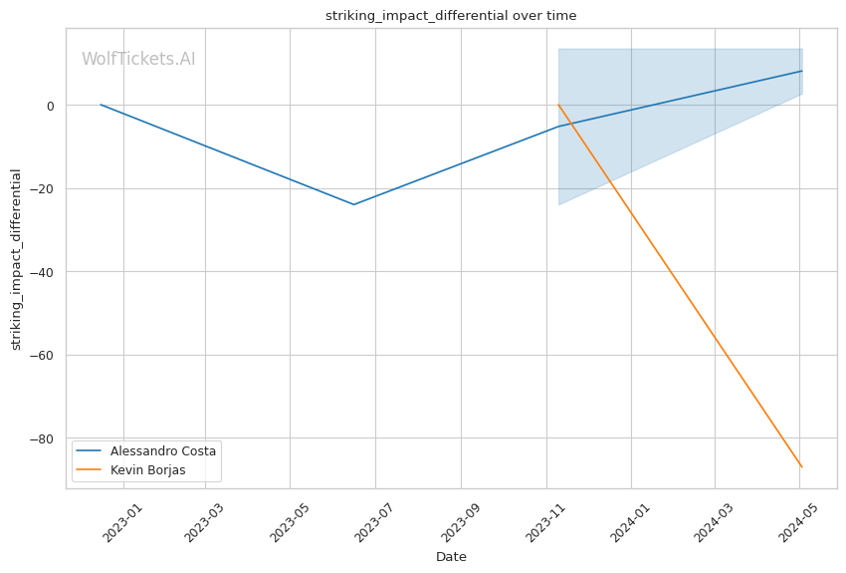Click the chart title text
pos(451,16)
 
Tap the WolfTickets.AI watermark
pos(138,59)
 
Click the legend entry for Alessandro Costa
pos(162,450)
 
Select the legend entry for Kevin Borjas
pos(147,469)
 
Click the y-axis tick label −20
pos(45,188)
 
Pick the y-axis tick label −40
pos(45,272)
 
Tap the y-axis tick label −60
pos(45,355)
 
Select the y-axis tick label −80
pos(45,438)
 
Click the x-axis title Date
pos(451,557)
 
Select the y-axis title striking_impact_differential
pos(16,259)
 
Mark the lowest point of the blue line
pos(353,204)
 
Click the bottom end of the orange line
pos(802,466)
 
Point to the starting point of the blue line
pos(101,105)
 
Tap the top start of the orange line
pos(558,105)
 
